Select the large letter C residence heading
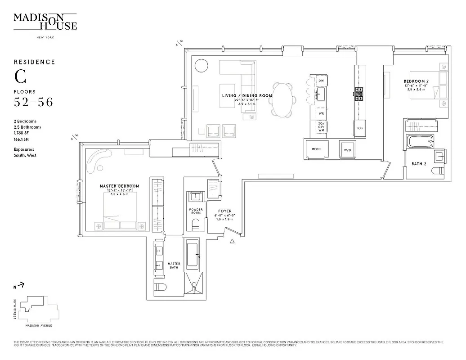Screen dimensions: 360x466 [x=20, y=77]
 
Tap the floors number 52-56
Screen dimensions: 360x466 [x=33, y=103]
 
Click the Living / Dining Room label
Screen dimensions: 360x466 [x=247, y=96]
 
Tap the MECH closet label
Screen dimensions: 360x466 [x=316, y=149]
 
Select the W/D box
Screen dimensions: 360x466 [x=347, y=150]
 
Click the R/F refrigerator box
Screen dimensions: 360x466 [x=360, y=128]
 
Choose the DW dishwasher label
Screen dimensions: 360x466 [x=321, y=81]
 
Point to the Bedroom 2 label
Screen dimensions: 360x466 [x=416, y=81]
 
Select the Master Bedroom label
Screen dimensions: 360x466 [x=119, y=186]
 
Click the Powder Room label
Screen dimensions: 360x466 [x=196, y=211]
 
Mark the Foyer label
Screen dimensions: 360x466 [x=225, y=211]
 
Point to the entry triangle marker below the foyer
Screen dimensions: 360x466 [x=232, y=242]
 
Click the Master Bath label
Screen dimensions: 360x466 [x=174, y=265]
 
